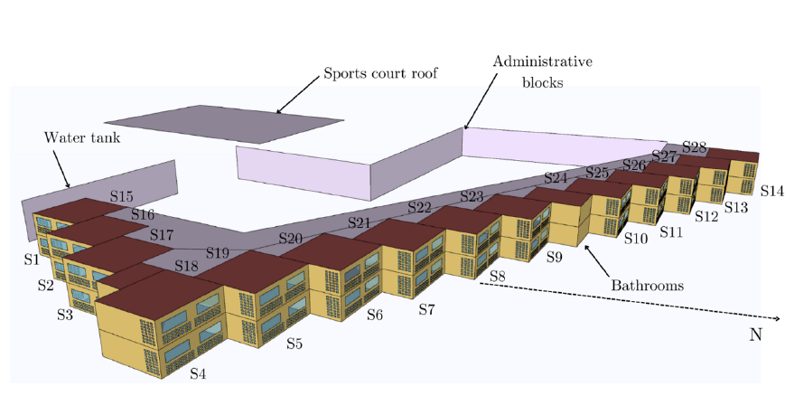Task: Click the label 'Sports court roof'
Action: click(380, 72)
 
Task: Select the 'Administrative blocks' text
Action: click(542, 71)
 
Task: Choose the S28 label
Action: click(694, 146)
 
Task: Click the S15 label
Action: click(121, 196)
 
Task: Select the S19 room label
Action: click(218, 252)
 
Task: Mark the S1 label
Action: click(32, 259)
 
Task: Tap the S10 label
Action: click(635, 239)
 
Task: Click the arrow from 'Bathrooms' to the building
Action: click(595, 257)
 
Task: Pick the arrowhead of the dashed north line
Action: click(776, 318)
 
